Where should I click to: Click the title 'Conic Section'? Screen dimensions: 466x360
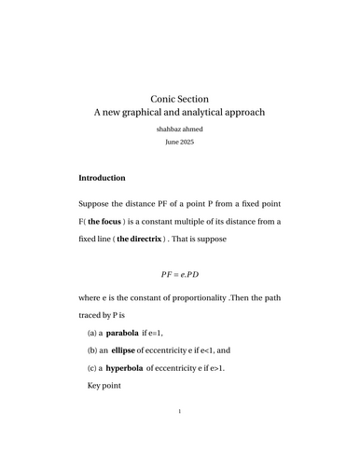[x=179, y=98]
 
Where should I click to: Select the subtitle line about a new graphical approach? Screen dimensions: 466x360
[x=180, y=113]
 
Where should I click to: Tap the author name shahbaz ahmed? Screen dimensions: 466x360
[x=179, y=130]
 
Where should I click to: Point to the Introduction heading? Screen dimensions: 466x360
[x=108, y=177]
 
